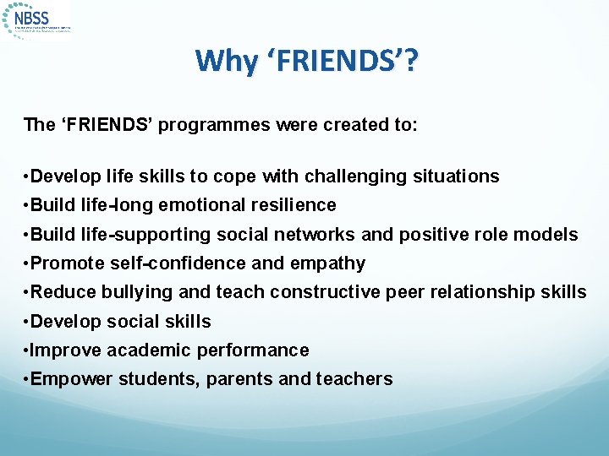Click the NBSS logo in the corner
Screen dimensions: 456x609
38,19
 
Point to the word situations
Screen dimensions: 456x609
456,176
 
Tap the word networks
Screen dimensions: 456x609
367,234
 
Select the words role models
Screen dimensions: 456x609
530,234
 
